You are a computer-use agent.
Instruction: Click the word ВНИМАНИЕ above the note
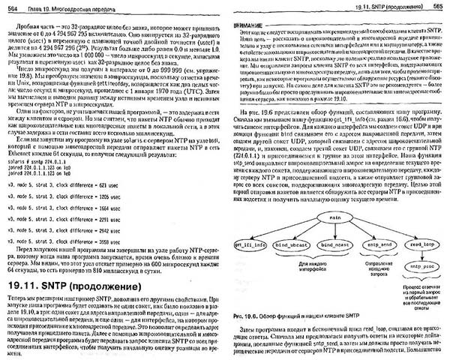255,23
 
